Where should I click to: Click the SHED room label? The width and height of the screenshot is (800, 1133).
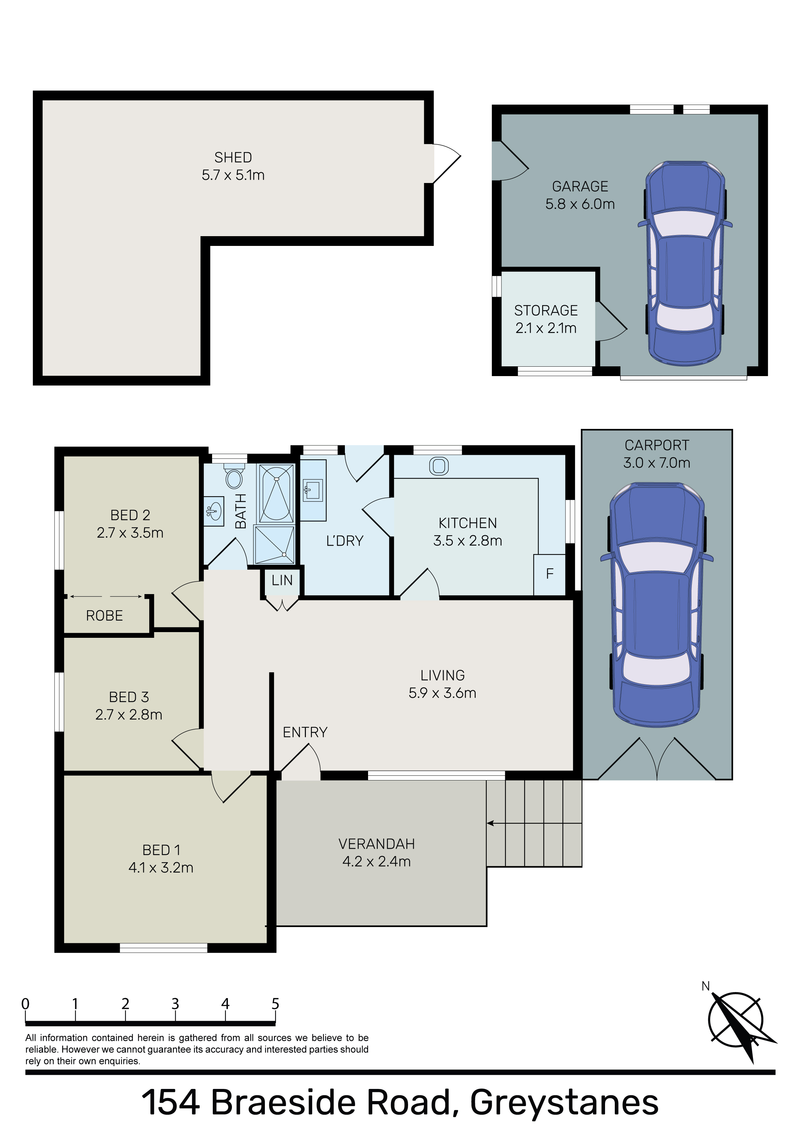click(233, 157)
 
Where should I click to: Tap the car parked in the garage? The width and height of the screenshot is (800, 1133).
click(685, 263)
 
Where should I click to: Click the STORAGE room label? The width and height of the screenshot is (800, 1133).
click(546, 310)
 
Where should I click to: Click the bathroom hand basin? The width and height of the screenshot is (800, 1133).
click(213, 511)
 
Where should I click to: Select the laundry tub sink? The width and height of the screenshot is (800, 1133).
click(313, 490)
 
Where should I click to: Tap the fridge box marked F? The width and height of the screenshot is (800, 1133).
click(550, 574)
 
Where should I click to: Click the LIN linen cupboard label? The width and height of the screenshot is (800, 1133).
click(282, 580)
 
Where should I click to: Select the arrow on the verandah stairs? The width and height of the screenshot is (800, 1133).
click(534, 823)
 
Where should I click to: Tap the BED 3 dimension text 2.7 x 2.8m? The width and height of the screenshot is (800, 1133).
click(129, 714)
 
